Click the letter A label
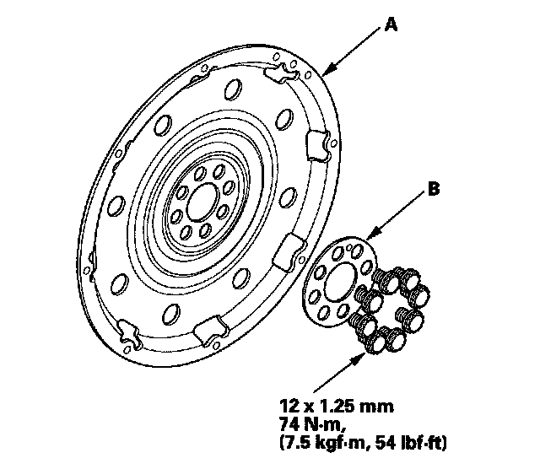tap(390, 24)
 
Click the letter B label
tap(432, 191)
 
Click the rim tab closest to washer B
tap(290, 248)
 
